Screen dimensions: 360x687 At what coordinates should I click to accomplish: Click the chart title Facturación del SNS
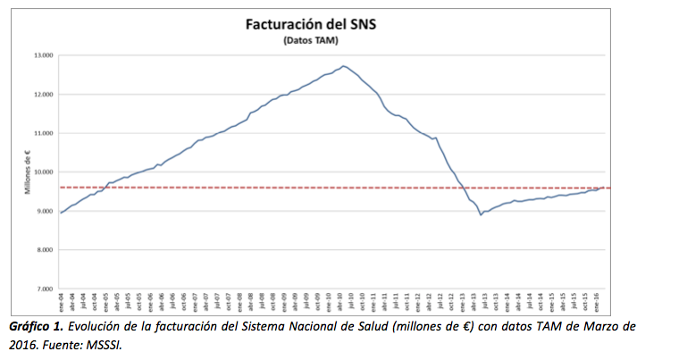310,24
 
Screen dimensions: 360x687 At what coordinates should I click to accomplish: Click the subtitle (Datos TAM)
310,41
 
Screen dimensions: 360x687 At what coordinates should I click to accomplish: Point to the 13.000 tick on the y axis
43,55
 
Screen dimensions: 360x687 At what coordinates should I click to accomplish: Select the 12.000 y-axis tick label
43,94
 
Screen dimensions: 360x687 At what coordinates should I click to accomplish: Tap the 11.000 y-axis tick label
43,133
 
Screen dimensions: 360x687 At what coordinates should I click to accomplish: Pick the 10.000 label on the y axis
43,172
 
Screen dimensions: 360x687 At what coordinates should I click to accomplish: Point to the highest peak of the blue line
345,66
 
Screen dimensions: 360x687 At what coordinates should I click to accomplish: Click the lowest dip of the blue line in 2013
481,214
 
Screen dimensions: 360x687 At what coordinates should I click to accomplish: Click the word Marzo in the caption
586,327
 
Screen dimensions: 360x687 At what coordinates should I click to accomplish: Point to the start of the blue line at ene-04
60,213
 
